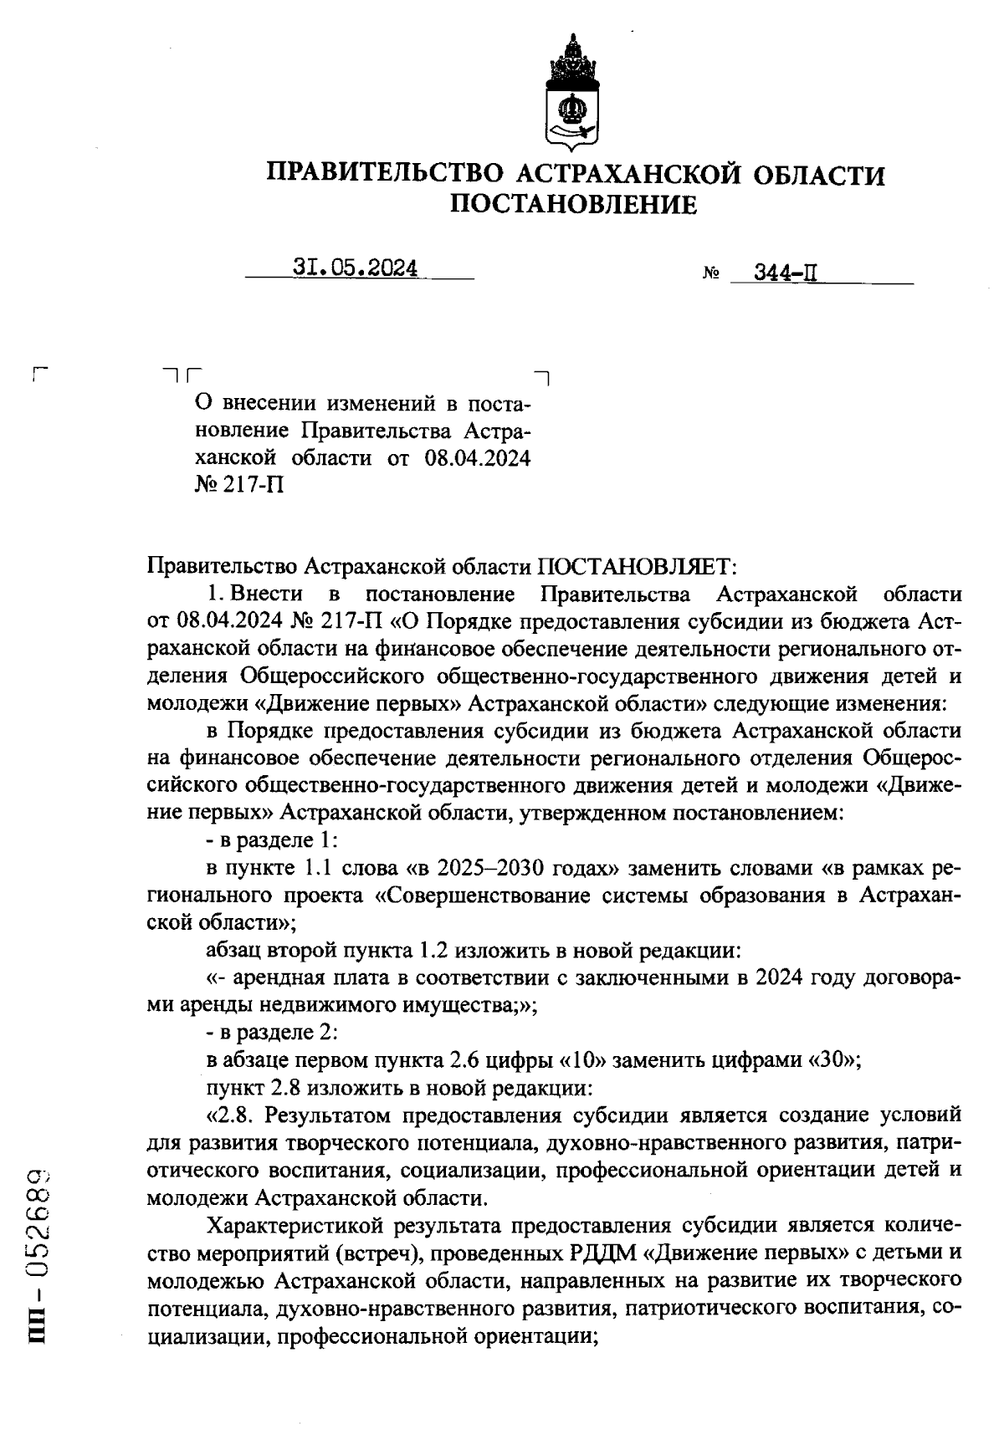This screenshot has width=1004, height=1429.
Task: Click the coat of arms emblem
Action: tap(573, 93)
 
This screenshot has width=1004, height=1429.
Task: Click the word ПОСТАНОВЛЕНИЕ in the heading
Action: tap(573, 204)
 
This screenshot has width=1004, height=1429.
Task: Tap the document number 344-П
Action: tap(786, 273)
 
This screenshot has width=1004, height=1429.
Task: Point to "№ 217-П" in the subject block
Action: tap(238, 485)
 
